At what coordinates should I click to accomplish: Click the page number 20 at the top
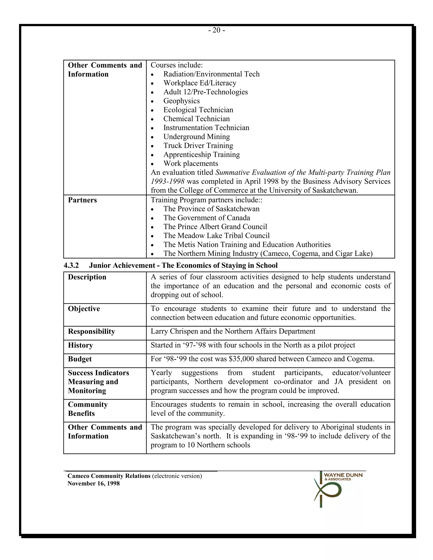point(216,30)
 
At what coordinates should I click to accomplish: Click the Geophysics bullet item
point(181,101)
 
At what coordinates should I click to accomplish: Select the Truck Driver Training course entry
point(198,146)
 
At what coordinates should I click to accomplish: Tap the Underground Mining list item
point(196,137)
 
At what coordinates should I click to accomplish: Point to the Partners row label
point(82,200)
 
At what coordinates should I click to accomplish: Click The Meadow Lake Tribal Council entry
point(216,236)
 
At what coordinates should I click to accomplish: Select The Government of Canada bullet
point(207,218)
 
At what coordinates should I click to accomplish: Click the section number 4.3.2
point(71,265)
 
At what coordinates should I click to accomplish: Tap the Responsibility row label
point(91,331)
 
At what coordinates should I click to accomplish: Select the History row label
point(80,345)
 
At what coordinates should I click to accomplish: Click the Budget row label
point(79,359)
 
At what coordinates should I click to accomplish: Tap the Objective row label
point(84,309)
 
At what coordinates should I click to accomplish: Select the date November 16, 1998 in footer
point(93,484)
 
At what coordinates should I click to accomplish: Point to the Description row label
point(87,277)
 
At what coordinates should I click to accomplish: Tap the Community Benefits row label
point(88,409)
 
